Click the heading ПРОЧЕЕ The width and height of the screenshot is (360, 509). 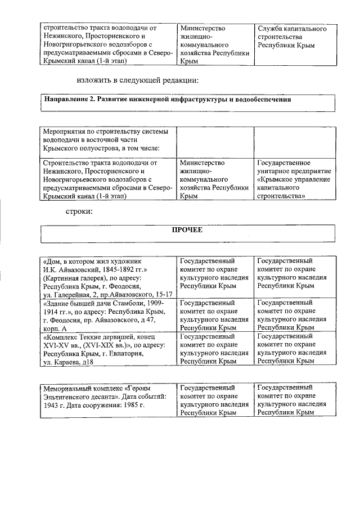point(188,230)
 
